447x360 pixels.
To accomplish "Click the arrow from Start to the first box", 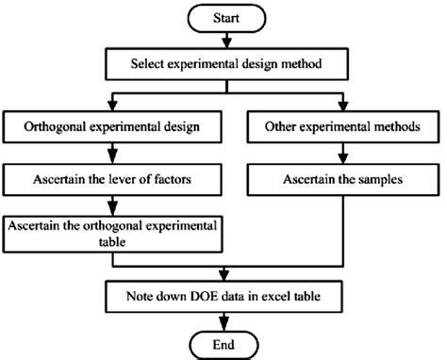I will point(223,41).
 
